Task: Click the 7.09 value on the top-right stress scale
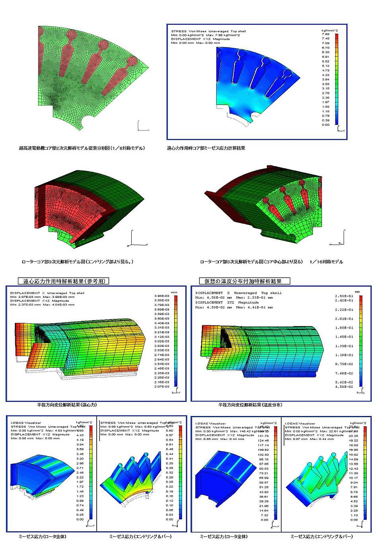326,43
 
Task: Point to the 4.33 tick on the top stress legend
326,75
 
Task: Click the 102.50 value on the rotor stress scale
263,455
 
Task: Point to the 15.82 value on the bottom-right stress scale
353,455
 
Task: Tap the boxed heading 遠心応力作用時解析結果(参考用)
64,281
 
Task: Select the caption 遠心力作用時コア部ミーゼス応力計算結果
206,148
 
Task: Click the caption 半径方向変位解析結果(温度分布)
250,405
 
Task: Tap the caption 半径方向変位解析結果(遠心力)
67,405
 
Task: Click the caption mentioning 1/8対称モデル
82,148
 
